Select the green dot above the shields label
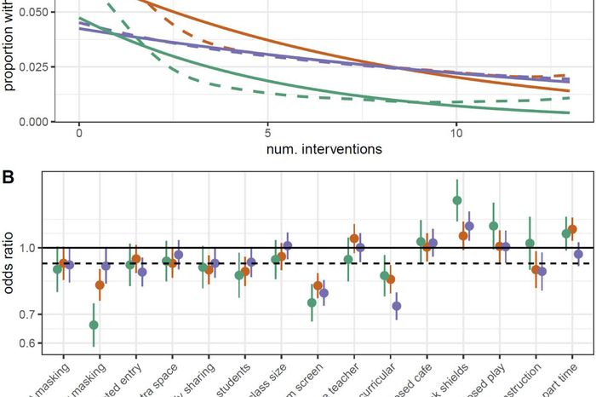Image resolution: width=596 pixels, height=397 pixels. coord(457,201)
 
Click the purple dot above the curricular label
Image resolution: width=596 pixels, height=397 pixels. coord(396,306)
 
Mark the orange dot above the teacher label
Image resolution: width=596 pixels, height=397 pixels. coord(354,239)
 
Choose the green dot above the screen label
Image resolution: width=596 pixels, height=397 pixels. coord(312,302)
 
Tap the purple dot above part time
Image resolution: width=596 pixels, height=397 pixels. coord(579,254)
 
